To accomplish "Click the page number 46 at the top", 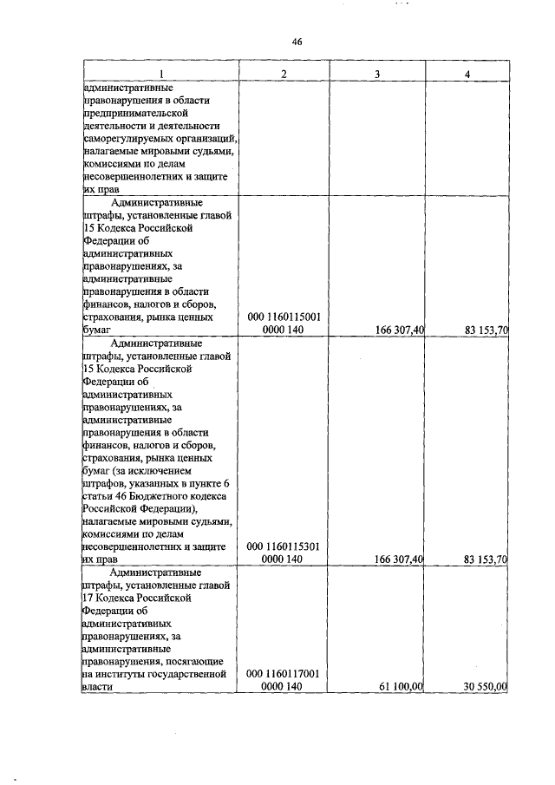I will (x=297, y=41).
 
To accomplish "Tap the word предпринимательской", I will (x=135, y=113).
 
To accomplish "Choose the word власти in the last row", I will (x=97, y=686).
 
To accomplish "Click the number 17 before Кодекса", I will (x=88, y=598).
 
